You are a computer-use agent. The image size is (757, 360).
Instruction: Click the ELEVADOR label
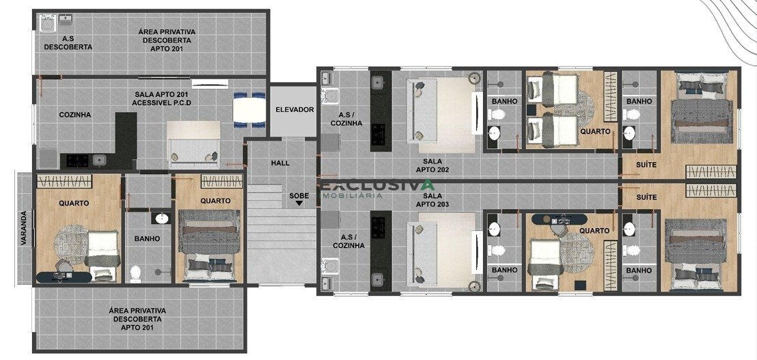tap(294, 109)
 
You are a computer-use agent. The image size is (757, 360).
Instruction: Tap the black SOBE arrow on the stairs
tap(299, 203)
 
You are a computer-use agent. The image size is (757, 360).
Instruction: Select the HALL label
tap(281, 163)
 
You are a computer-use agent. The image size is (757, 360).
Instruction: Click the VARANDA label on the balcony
tap(24, 227)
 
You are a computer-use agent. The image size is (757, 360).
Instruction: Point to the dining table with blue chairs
tap(249, 109)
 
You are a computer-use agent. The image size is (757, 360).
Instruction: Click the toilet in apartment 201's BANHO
tap(135, 274)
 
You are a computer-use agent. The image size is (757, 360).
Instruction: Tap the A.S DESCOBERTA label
tap(68, 42)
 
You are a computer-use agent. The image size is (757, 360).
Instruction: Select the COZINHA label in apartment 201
tap(75, 115)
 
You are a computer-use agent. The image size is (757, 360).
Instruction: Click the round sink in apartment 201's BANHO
tap(162, 218)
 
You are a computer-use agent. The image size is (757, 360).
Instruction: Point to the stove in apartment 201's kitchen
tap(77, 161)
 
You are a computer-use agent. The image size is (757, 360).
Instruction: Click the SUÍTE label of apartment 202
tap(646, 165)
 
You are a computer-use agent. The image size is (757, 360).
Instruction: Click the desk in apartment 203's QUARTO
tap(558, 219)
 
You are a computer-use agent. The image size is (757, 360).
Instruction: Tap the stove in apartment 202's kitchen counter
tap(378, 132)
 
